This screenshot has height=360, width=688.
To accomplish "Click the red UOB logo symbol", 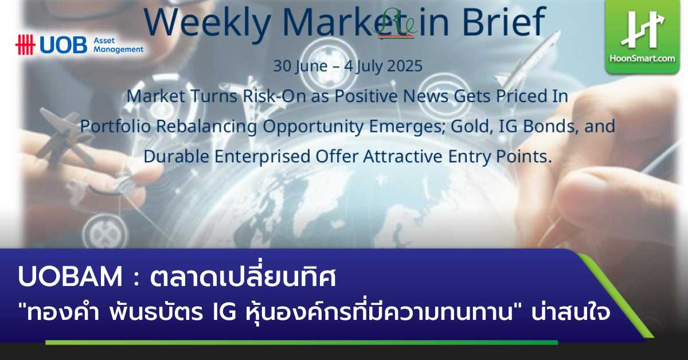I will point(25,45).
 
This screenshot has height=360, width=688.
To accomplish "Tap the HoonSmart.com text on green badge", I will point(643,58).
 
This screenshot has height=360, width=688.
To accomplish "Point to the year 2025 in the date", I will point(401,66).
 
